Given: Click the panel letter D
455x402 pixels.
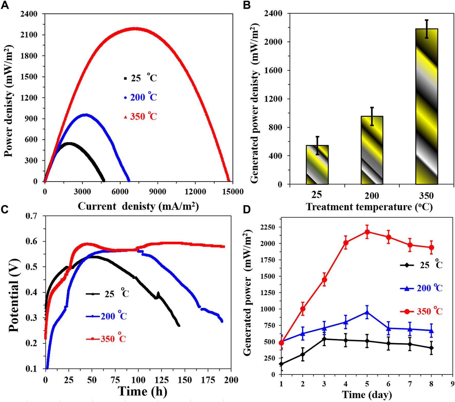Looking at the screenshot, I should pos(247,209).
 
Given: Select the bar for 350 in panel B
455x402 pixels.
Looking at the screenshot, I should pos(426,107).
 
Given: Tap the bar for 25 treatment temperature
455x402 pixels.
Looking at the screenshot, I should pos(317,165).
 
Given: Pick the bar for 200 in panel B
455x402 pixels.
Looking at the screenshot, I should pos(372,150).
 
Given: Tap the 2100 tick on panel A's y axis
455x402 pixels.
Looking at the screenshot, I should pos(29,35).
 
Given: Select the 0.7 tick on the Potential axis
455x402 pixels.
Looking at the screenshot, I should pos(31,216).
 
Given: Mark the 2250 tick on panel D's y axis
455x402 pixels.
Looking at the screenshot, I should pos(267,227).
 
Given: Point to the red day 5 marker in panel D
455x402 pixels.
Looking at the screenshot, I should pos(367,232).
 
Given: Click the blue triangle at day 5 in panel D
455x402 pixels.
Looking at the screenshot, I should pos(367,312).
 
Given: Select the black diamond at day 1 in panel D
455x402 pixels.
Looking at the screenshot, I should pos(281,364).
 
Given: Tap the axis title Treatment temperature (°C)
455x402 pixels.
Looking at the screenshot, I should pos(369,207).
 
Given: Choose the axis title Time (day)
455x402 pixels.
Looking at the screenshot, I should pos(367,395).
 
